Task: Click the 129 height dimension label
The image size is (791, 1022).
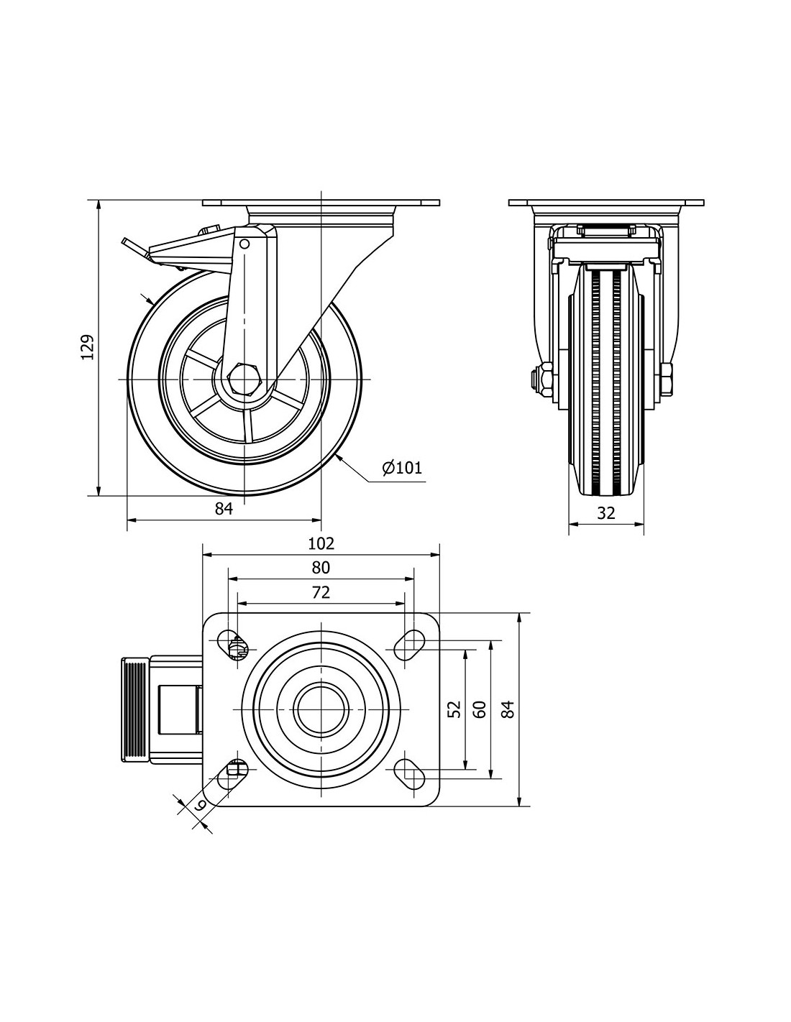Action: pos(87,348)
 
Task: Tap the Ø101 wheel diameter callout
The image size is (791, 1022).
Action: pos(402,469)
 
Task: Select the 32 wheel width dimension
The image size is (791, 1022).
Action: pos(606,513)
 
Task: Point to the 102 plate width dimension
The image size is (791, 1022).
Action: pos(321,543)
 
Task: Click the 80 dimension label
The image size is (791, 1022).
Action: pos(321,568)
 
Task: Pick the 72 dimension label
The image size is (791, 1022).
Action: pos(321,593)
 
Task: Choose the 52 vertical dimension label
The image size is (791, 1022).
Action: pos(454,709)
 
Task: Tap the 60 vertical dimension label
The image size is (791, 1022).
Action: pos(480,709)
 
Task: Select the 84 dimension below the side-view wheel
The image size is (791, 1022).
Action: pos(224,509)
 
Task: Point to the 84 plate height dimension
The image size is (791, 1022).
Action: pos(508,709)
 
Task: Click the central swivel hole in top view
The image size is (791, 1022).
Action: pos(321,709)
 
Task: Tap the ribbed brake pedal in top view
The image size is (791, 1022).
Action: pos(133,709)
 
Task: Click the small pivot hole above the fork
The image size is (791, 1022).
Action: pos(244,244)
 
